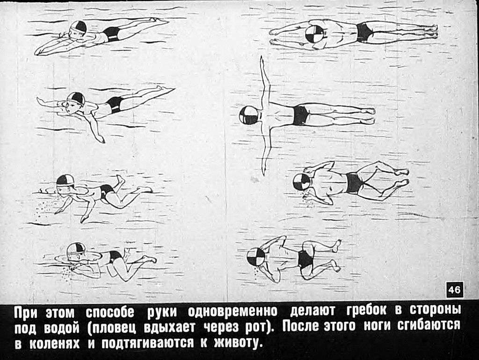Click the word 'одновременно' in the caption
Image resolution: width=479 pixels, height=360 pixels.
click(x=232, y=311)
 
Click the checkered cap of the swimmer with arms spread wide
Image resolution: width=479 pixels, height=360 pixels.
click(x=249, y=115)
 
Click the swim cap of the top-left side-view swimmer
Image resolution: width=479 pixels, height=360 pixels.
click(x=78, y=28)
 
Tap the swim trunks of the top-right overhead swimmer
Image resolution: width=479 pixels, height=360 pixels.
click(x=364, y=32)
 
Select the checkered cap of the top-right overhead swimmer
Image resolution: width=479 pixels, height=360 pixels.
click(x=314, y=34)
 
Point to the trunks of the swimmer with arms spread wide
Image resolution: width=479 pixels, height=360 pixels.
click(x=301, y=115)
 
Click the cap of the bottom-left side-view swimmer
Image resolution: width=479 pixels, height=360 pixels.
click(x=75, y=249)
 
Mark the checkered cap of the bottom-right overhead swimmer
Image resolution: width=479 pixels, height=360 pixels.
click(x=256, y=257)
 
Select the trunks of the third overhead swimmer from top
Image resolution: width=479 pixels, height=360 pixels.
click(x=355, y=183)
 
